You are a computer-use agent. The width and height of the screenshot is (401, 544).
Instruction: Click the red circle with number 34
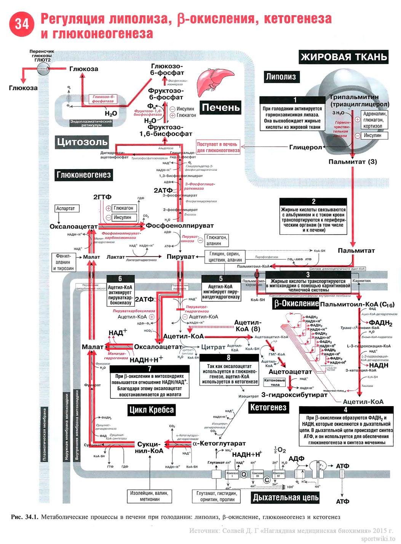pyautogui.click(x=22, y=24)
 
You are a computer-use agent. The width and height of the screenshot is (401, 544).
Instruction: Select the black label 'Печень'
pyautogui.click(x=221, y=108)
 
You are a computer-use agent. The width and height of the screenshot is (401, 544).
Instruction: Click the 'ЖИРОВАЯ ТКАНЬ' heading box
pyautogui.click(x=343, y=57)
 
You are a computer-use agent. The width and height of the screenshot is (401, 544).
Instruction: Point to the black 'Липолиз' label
pyautogui.click(x=281, y=77)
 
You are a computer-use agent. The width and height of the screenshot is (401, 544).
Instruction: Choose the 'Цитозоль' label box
pyautogui.click(x=82, y=142)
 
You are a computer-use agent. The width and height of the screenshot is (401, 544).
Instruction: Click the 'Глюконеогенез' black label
pyautogui.click(x=83, y=175)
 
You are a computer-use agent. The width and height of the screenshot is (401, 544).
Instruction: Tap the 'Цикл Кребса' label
pyautogui.click(x=151, y=410)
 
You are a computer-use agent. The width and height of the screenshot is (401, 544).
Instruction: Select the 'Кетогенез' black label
pyautogui.click(x=268, y=408)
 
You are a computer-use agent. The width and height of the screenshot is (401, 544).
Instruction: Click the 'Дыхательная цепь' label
pyautogui.click(x=286, y=498)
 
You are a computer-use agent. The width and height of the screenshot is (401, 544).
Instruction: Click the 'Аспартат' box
pyautogui.click(x=66, y=208)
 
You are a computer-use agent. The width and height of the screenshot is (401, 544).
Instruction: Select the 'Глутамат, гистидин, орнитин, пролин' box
pyautogui.click(x=217, y=496)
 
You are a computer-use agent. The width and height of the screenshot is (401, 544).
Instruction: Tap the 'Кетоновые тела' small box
pyautogui.click(x=275, y=382)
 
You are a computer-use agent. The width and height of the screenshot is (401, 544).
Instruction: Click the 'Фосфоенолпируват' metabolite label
pyautogui.click(x=180, y=226)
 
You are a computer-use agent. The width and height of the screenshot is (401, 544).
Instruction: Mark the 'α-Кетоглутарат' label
pyautogui.click(x=219, y=443)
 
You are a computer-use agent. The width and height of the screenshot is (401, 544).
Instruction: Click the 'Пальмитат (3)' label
pyautogui.click(x=353, y=162)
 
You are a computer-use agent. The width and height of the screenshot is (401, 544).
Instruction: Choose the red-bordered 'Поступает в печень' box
pyautogui.click(x=218, y=147)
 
